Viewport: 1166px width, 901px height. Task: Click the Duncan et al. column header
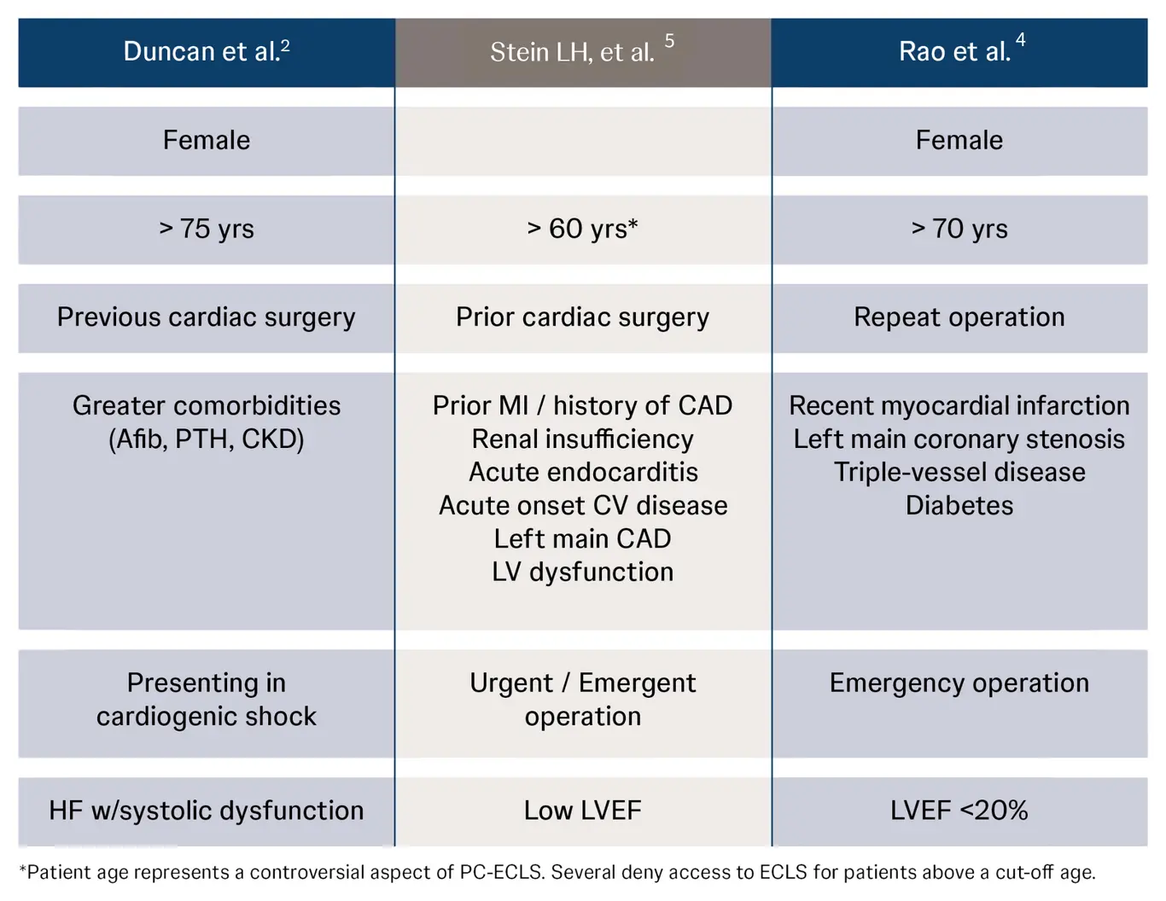coord(207,52)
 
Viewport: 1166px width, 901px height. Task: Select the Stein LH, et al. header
coord(582,52)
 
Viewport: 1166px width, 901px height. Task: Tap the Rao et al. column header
coord(959,52)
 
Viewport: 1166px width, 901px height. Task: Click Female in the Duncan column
coord(207,140)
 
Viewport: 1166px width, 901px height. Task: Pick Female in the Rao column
coord(959,140)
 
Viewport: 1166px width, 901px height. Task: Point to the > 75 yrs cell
coord(207,229)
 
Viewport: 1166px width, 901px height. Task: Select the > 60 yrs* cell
coord(582,229)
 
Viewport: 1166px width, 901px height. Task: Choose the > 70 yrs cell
coord(959,229)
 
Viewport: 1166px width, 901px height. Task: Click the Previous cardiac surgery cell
coord(207,317)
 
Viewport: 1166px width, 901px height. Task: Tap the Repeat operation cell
coord(959,317)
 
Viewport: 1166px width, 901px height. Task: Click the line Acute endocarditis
coord(583,472)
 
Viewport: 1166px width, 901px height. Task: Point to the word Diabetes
coord(959,505)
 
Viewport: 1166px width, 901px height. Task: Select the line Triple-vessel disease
coord(959,472)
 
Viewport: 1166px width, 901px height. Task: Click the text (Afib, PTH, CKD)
coord(207,439)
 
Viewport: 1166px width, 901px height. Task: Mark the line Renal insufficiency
coord(583,439)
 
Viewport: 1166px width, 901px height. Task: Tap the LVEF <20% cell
coord(959,810)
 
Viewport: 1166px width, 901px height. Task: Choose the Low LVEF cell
coord(582,810)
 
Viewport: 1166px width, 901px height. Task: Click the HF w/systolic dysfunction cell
coord(207,810)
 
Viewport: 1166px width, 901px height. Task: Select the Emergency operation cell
coord(959,683)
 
